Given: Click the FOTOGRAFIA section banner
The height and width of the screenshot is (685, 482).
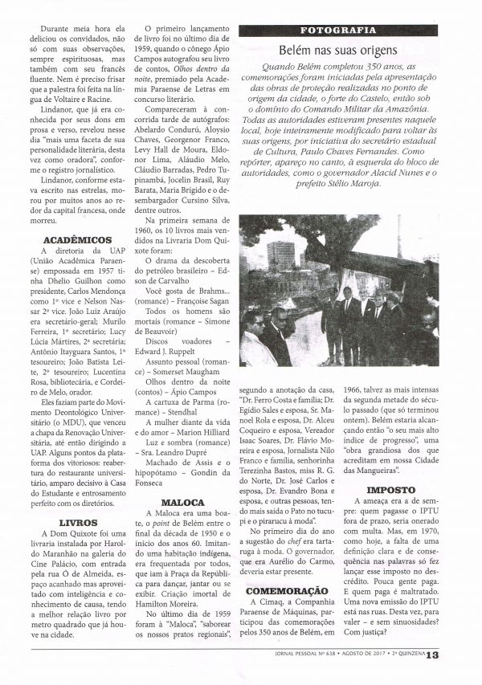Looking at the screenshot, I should [338, 31].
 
